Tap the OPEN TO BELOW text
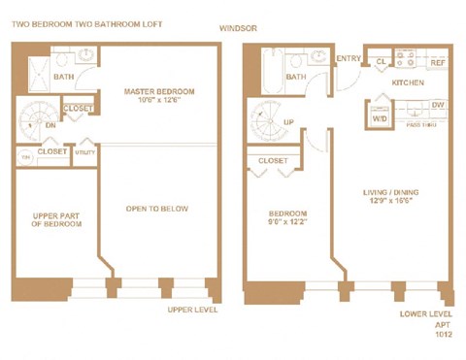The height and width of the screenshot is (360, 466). tap(157, 209)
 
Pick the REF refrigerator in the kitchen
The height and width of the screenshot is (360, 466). tap(438, 62)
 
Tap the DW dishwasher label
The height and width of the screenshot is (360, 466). tap(438, 105)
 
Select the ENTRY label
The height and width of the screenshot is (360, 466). tap(348, 58)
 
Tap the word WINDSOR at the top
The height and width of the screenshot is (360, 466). tap(238, 28)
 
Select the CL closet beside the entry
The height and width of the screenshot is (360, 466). tap(381, 61)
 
